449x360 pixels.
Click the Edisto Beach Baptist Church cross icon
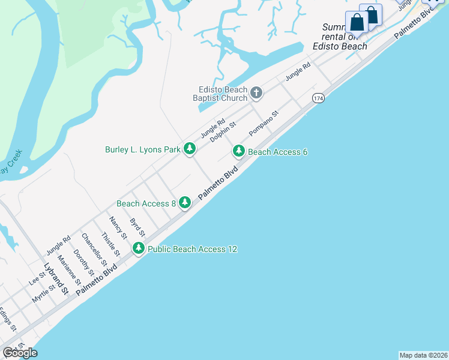tap(256, 92)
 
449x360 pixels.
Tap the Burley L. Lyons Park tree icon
tap(190, 149)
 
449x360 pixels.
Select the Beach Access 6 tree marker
tap(239, 151)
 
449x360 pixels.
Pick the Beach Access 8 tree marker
tap(185, 203)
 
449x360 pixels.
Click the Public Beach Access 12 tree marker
tap(139, 248)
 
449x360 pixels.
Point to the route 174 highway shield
tap(318, 98)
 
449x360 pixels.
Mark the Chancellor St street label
tap(94, 250)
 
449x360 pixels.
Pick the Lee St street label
tap(37, 278)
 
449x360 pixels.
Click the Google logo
tap(20, 353)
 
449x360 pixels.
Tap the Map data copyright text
tap(424, 355)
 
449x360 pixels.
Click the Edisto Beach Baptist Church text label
tap(220, 93)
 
